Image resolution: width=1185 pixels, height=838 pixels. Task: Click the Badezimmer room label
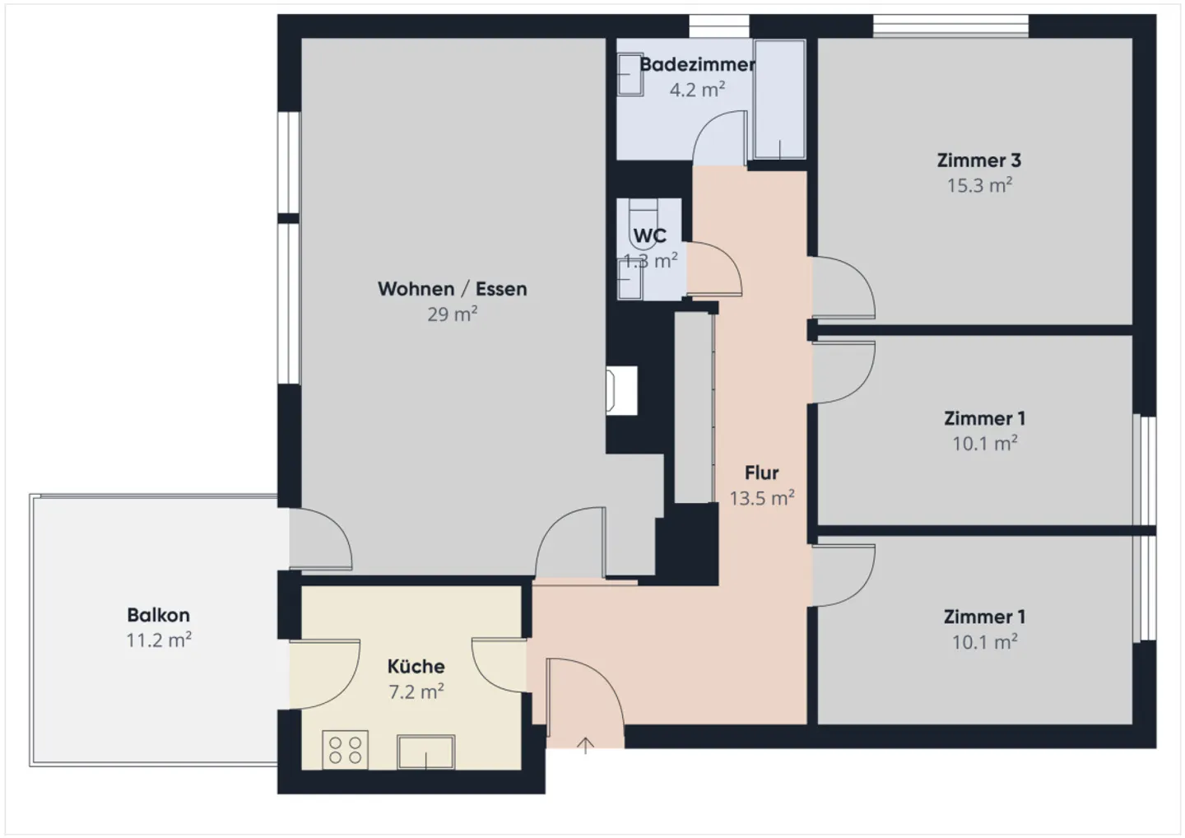[x=697, y=64]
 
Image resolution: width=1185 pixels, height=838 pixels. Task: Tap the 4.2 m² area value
[x=697, y=90]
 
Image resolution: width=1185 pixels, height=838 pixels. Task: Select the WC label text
[x=649, y=236]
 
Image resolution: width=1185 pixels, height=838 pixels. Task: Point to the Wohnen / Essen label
[x=453, y=289]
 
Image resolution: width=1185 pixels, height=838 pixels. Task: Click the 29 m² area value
[x=453, y=314]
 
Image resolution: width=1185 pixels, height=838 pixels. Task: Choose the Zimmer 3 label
[x=979, y=161]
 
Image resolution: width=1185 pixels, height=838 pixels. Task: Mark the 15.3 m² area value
[x=979, y=186]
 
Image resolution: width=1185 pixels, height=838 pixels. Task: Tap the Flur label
[x=762, y=473]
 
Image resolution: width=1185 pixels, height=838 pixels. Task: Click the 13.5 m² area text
[x=762, y=498]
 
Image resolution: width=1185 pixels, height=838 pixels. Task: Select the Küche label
[x=416, y=666]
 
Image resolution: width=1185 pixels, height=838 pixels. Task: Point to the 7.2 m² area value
[x=416, y=691]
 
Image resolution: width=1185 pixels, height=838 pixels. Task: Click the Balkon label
[x=158, y=615]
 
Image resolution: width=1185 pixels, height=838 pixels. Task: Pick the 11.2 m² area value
[x=158, y=640]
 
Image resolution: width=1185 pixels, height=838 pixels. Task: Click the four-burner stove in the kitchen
[x=346, y=750]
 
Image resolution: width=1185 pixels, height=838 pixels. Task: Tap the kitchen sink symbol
[x=426, y=752]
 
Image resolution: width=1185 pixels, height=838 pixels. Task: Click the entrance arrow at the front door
[x=585, y=746]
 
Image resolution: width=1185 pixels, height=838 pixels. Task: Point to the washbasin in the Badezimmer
[x=630, y=75]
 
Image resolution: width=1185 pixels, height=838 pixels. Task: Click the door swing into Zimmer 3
[x=843, y=288]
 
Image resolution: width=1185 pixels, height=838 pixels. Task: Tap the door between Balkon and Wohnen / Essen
[x=321, y=539]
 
